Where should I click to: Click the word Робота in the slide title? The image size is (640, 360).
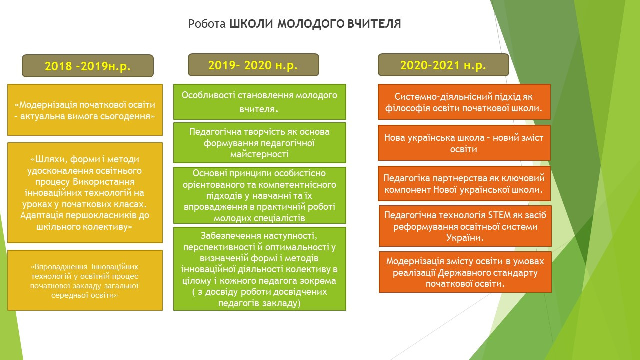[x=207, y=24]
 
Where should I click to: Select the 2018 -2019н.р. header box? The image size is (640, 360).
[x=88, y=66]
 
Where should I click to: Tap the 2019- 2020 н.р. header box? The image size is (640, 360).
[x=253, y=65]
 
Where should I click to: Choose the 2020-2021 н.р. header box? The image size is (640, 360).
[x=443, y=65]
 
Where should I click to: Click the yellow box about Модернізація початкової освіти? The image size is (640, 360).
[x=85, y=110]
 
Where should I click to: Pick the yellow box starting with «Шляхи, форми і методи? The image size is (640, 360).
[x=85, y=193]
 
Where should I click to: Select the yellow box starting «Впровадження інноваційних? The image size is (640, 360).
[x=85, y=280]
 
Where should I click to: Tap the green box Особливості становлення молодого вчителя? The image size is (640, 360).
[x=260, y=102]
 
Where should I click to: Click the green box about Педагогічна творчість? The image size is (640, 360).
[x=260, y=143]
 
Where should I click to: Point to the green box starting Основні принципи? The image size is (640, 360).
[x=260, y=195]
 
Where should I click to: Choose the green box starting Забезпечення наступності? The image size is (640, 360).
[x=260, y=269]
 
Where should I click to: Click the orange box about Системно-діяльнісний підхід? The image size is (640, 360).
[x=464, y=102]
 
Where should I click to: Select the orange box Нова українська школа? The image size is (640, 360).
[x=464, y=143]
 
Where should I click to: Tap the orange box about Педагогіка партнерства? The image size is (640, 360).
[x=464, y=183]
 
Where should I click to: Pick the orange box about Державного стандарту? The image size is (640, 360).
[x=465, y=272]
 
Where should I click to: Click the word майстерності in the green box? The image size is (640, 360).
[x=259, y=154]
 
